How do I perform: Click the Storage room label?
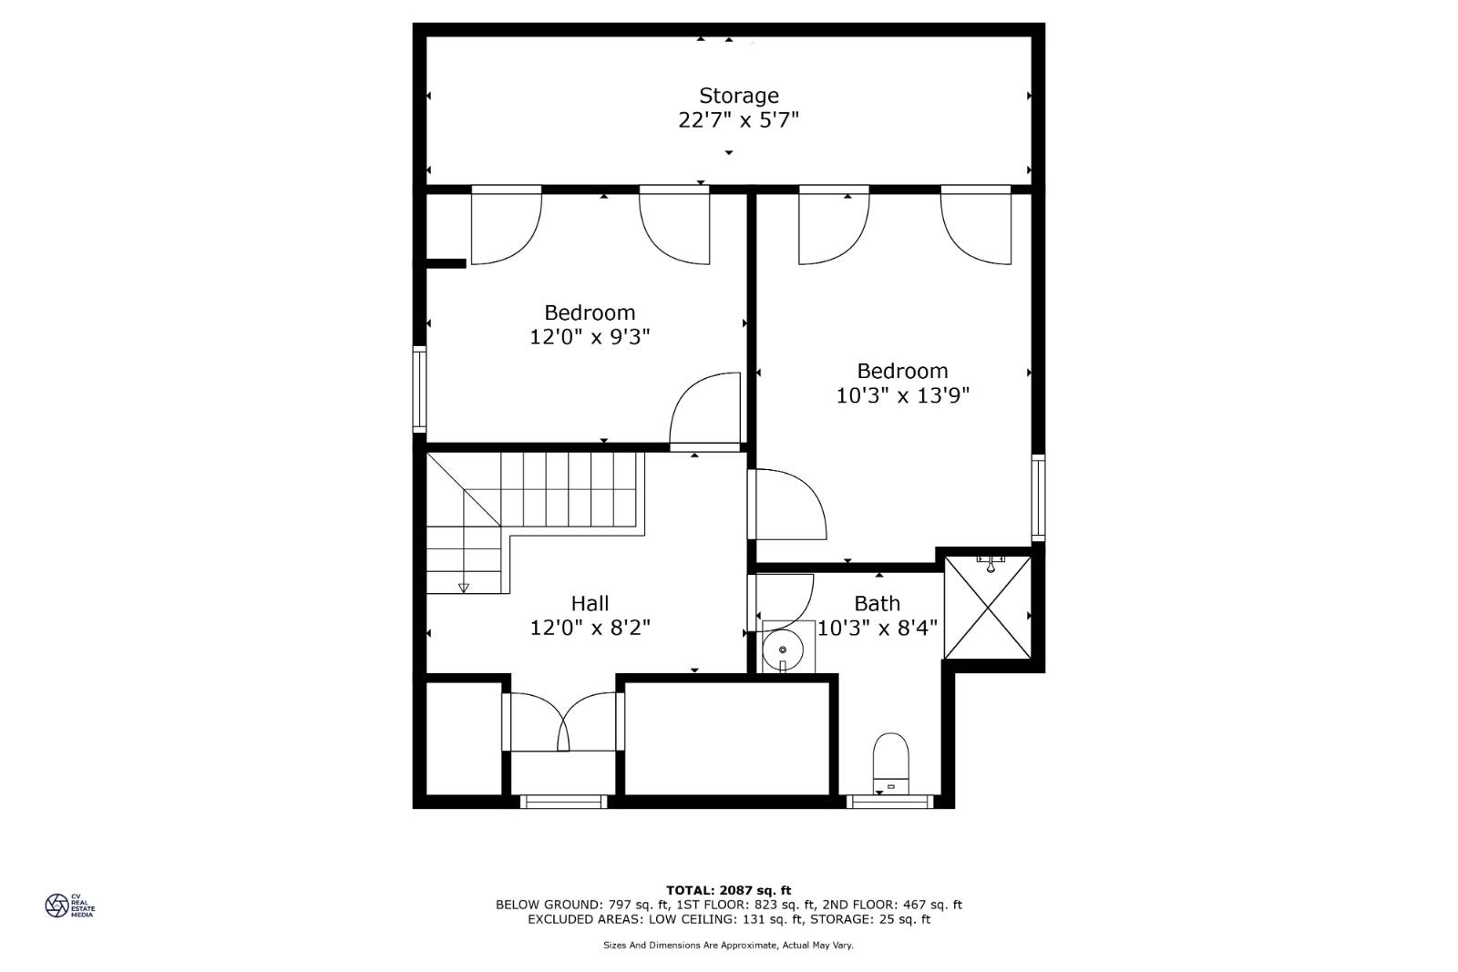(x=739, y=96)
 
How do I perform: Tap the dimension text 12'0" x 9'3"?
(x=590, y=337)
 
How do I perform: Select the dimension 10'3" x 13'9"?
(x=903, y=395)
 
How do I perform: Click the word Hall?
(x=590, y=603)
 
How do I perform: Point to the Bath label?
(x=878, y=603)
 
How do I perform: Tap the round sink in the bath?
(x=783, y=650)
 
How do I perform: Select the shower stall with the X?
(x=988, y=607)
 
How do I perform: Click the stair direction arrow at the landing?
(x=464, y=588)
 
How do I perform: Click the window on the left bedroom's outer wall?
(x=420, y=389)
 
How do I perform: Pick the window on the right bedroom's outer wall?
(x=1038, y=497)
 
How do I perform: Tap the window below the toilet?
(x=889, y=802)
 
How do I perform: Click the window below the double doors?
(x=564, y=802)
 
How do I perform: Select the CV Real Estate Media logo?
(x=69, y=905)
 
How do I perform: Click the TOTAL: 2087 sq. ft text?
(x=728, y=890)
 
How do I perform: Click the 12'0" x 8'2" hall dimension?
(x=590, y=628)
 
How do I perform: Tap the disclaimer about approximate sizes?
(x=728, y=946)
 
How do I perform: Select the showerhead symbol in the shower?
(x=991, y=563)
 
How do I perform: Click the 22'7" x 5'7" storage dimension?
(x=739, y=120)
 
